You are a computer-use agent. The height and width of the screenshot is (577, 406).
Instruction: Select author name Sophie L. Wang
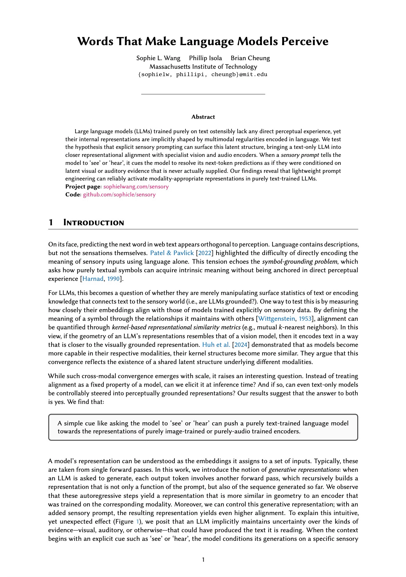pos(158,58)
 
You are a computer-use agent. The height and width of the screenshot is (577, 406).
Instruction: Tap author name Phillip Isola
pos(205,58)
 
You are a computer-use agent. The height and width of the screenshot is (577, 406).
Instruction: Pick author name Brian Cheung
pos(250,58)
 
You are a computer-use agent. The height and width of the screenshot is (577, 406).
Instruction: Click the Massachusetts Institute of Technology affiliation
pos(203,67)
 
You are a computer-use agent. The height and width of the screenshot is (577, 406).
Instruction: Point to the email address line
pos(203,75)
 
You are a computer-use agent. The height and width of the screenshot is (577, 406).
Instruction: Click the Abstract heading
pos(203,117)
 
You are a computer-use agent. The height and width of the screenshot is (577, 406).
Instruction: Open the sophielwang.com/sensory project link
pos(136,187)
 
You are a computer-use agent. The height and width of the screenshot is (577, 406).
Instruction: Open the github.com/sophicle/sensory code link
pos(119,195)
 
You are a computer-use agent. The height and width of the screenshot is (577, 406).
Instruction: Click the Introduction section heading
pos(94,223)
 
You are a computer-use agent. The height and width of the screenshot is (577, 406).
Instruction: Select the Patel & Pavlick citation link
pos(172,253)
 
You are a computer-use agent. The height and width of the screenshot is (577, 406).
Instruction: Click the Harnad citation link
pos(93,279)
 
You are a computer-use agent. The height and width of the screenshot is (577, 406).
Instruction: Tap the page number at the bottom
pos(203,560)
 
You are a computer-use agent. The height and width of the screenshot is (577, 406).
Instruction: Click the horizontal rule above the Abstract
pos(203,94)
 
